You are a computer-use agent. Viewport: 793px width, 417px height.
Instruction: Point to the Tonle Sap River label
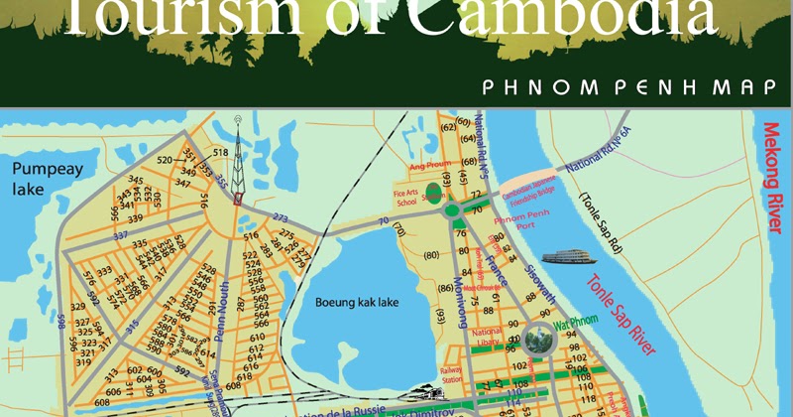coord(622,309)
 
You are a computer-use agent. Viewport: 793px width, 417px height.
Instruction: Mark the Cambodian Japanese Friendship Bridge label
coord(521,191)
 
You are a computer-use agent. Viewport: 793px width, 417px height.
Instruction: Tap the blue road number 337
coord(121,236)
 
